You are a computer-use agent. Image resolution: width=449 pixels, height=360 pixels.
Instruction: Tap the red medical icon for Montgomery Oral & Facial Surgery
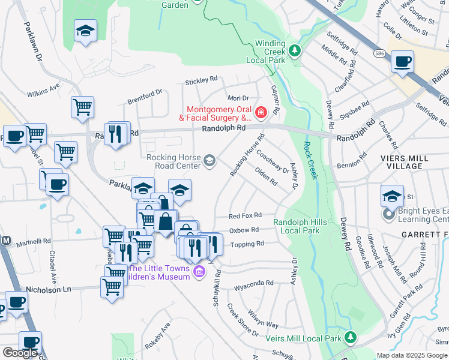pos(261,112)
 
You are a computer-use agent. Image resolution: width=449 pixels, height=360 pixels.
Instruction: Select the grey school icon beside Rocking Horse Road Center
pos(209,160)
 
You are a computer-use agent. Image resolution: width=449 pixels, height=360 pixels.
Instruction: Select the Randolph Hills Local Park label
pos(300,226)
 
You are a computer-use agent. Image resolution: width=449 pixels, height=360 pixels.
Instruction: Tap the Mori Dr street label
pos(238,98)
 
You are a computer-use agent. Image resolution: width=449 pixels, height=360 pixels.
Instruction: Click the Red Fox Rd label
pos(245,215)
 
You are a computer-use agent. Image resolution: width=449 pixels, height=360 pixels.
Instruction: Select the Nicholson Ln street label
pos(52,289)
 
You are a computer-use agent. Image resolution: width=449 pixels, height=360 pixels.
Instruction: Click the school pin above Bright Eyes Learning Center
pos(392,196)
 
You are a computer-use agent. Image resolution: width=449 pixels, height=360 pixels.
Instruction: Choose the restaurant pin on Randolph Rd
pos(116,133)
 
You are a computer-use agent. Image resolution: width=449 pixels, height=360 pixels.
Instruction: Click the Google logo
pos(20,353)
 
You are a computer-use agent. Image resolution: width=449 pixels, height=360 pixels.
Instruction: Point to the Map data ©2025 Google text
pos(411,355)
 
